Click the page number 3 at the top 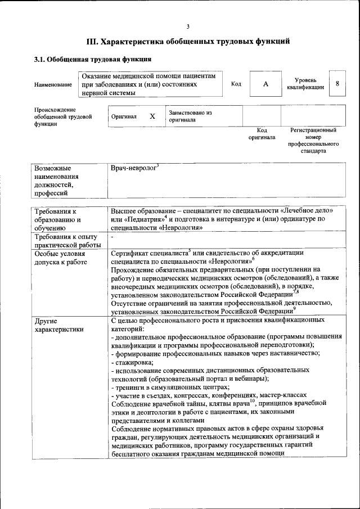point(188,26)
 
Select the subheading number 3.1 point(40,59)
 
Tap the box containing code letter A point(266,84)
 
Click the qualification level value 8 point(337,83)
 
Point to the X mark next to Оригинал point(152,116)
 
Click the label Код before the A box point(236,84)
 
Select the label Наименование point(53,84)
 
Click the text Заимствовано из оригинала point(190,116)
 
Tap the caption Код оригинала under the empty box point(262,133)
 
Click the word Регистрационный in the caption point(313,130)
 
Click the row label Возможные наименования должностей point(56,181)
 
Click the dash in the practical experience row point(113,238)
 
